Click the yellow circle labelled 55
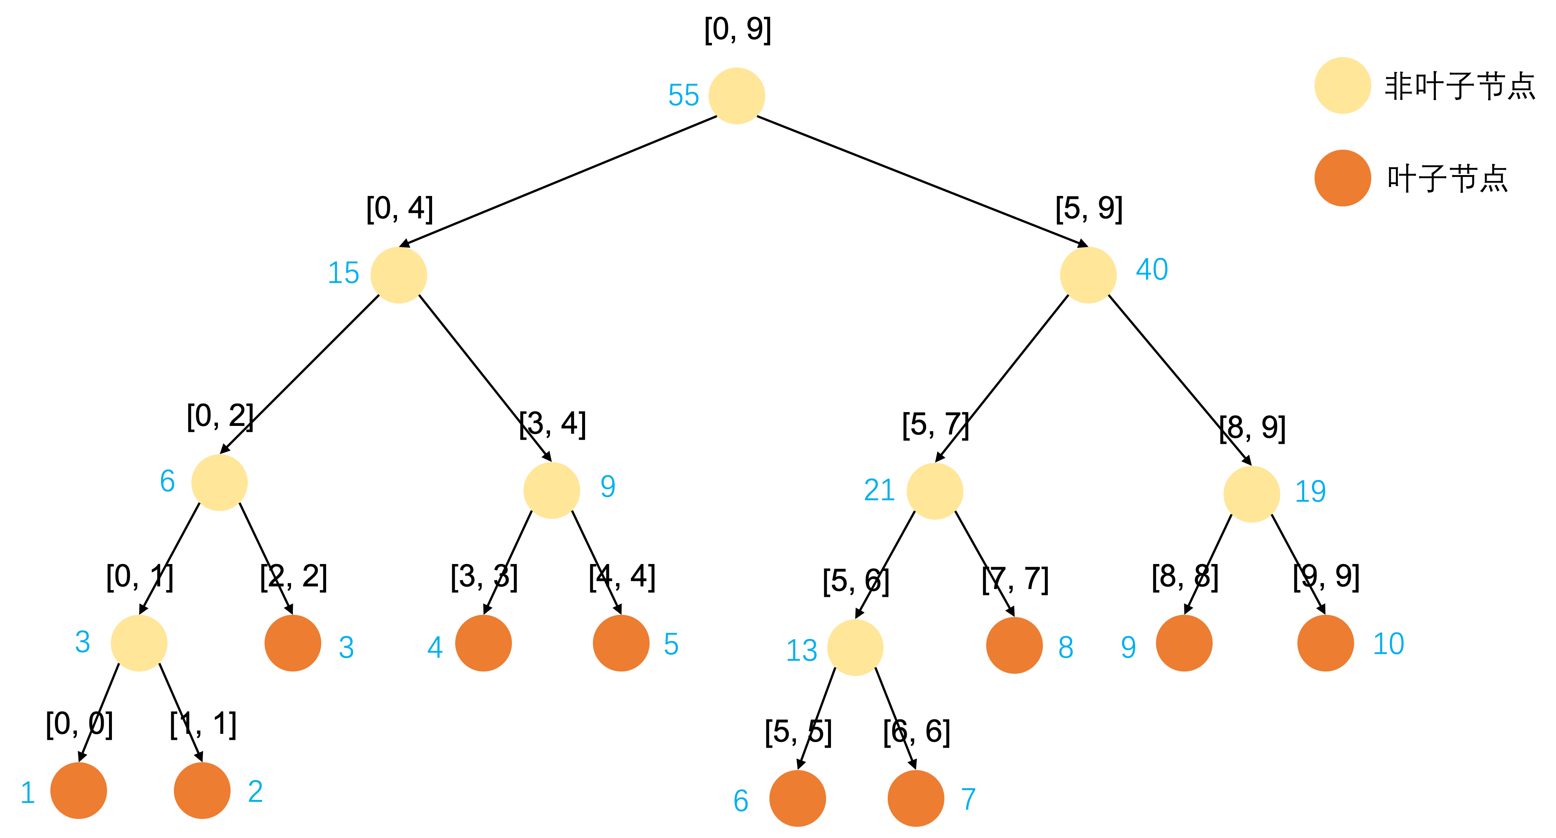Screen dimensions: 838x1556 (736, 96)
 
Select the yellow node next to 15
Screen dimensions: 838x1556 (399, 275)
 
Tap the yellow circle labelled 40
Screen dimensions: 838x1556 (1088, 275)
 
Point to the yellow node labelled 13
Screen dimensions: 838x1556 (855, 647)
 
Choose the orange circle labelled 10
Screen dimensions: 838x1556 (1325, 643)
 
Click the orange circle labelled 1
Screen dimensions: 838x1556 (78, 790)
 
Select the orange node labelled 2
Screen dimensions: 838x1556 (202, 790)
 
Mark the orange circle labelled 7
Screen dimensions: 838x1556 (916, 798)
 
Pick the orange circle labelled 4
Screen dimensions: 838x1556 (483, 643)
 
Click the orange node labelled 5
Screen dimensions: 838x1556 (621, 643)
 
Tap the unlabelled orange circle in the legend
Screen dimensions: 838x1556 (1342, 178)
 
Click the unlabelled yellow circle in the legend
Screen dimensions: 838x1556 (1342, 85)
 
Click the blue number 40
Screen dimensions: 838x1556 (1152, 270)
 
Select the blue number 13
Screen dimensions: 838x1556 (801, 651)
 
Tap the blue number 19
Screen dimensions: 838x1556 (1310, 491)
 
